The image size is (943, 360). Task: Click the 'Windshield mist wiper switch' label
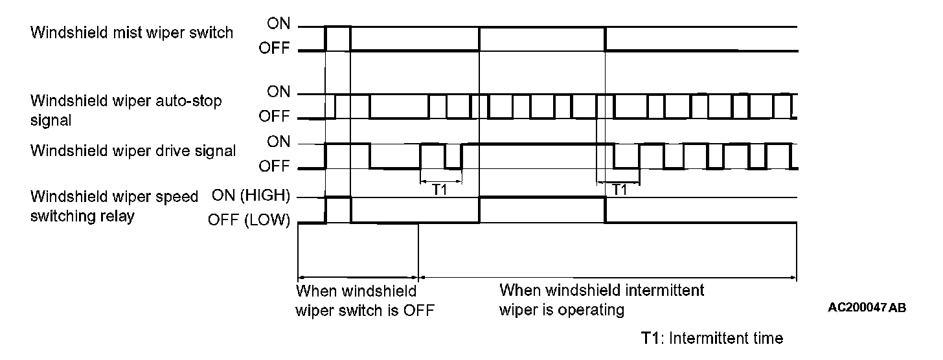pyautogui.click(x=131, y=32)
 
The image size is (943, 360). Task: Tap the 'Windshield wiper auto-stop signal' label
pyautogui.click(x=126, y=110)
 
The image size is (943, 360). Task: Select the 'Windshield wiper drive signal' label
pyautogui.click(x=133, y=151)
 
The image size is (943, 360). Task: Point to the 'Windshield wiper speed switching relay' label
pyautogui.click(x=114, y=206)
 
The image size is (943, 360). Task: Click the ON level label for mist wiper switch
pyautogui.click(x=279, y=25)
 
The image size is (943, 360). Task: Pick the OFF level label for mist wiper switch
pyautogui.click(x=275, y=49)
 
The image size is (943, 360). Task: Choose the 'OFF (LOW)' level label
pyautogui.click(x=249, y=221)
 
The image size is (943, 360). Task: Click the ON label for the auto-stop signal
pyautogui.click(x=279, y=93)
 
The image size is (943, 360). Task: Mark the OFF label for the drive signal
pyautogui.click(x=275, y=167)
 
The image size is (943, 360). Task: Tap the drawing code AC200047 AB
pyautogui.click(x=867, y=308)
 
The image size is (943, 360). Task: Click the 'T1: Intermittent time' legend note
pyautogui.click(x=712, y=338)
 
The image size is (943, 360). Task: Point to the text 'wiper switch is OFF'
pyautogui.click(x=365, y=310)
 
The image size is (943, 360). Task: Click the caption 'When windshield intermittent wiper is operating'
pyautogui.click(x=601, y=299)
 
